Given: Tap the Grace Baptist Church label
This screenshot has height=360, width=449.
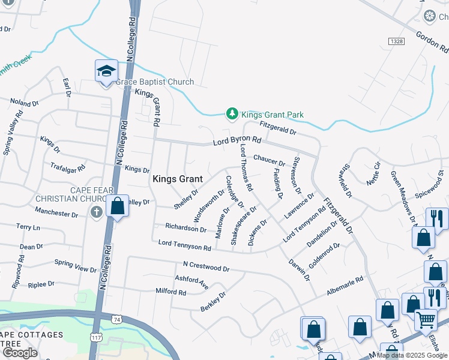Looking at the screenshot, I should click(x=155, y=82).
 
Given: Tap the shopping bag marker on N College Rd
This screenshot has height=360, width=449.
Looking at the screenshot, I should click(x=118, y=206).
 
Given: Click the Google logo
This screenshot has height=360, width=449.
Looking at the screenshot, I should click(x=20, y=352).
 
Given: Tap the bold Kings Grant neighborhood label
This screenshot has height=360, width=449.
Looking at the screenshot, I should click(x=177, y=179).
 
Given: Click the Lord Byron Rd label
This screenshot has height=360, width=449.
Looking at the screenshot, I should click(x=238, y=142).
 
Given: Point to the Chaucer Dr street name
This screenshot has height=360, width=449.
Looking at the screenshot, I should click(x=269, y=160).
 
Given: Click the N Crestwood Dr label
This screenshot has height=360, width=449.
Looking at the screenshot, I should click(x=206, y=266).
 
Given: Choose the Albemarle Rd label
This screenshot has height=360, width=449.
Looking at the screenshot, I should click(x=345, y=284).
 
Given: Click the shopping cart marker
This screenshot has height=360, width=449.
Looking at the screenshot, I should click(x=426, y=319).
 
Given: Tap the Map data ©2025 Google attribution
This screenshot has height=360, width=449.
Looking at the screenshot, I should click(x=412, y=355).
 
